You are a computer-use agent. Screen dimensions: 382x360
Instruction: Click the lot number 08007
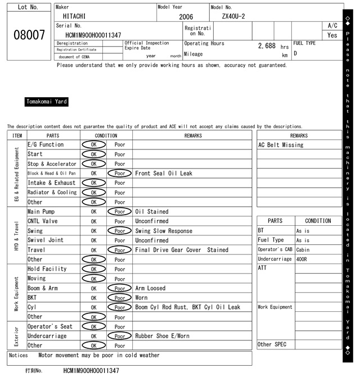click(29, 35)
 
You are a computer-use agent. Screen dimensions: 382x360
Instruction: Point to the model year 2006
click(186, 17)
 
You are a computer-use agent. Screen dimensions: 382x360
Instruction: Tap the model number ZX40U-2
click(233, 16)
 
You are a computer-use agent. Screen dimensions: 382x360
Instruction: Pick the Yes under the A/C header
click(332, 35)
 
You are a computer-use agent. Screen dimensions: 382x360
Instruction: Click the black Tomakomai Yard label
click(47, 102)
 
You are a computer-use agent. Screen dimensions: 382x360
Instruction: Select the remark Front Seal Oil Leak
click(164, 174)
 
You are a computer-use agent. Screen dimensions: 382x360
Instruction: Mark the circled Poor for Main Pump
click(120, 212)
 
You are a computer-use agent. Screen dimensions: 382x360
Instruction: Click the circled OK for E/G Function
click(93, 144)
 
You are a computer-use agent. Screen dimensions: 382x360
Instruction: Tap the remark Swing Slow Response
click(164, 231)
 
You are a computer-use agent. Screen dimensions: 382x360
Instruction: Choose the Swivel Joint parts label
click(46, 240)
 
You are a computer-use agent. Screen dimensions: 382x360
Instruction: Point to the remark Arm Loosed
click(150, 288)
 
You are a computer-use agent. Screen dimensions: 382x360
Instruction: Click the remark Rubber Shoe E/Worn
click(163, 336)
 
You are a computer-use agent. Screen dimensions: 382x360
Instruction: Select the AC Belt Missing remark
click(281, 145)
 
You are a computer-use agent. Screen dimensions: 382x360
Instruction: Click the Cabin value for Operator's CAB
click(303, 249)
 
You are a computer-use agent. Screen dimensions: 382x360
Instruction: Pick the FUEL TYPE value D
click(295, 54)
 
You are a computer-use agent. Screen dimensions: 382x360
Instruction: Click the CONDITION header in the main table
click(106, 135)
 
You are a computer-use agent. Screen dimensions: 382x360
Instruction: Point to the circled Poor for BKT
click(120, 298)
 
